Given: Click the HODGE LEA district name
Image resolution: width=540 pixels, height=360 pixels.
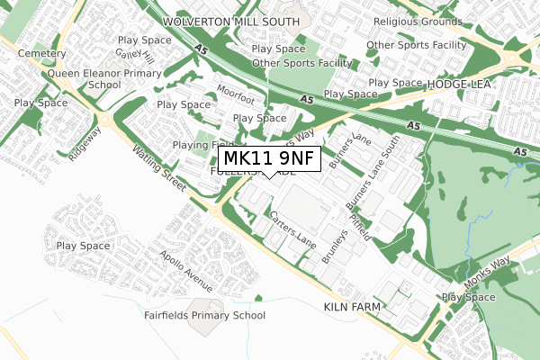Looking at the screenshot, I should (x=468, y=83).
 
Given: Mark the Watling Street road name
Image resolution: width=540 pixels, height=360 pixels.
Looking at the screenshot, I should (x=157, y=168).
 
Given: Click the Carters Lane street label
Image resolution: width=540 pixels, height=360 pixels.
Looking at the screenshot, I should (x=293, y=231).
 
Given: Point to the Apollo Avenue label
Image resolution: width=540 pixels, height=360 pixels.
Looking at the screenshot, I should (x=187, y=271).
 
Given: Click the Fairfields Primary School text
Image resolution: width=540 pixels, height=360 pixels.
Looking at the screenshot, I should (x=204, y=315).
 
